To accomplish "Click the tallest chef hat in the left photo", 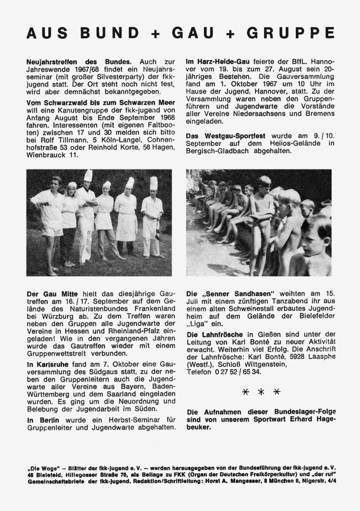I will point(88,175).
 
